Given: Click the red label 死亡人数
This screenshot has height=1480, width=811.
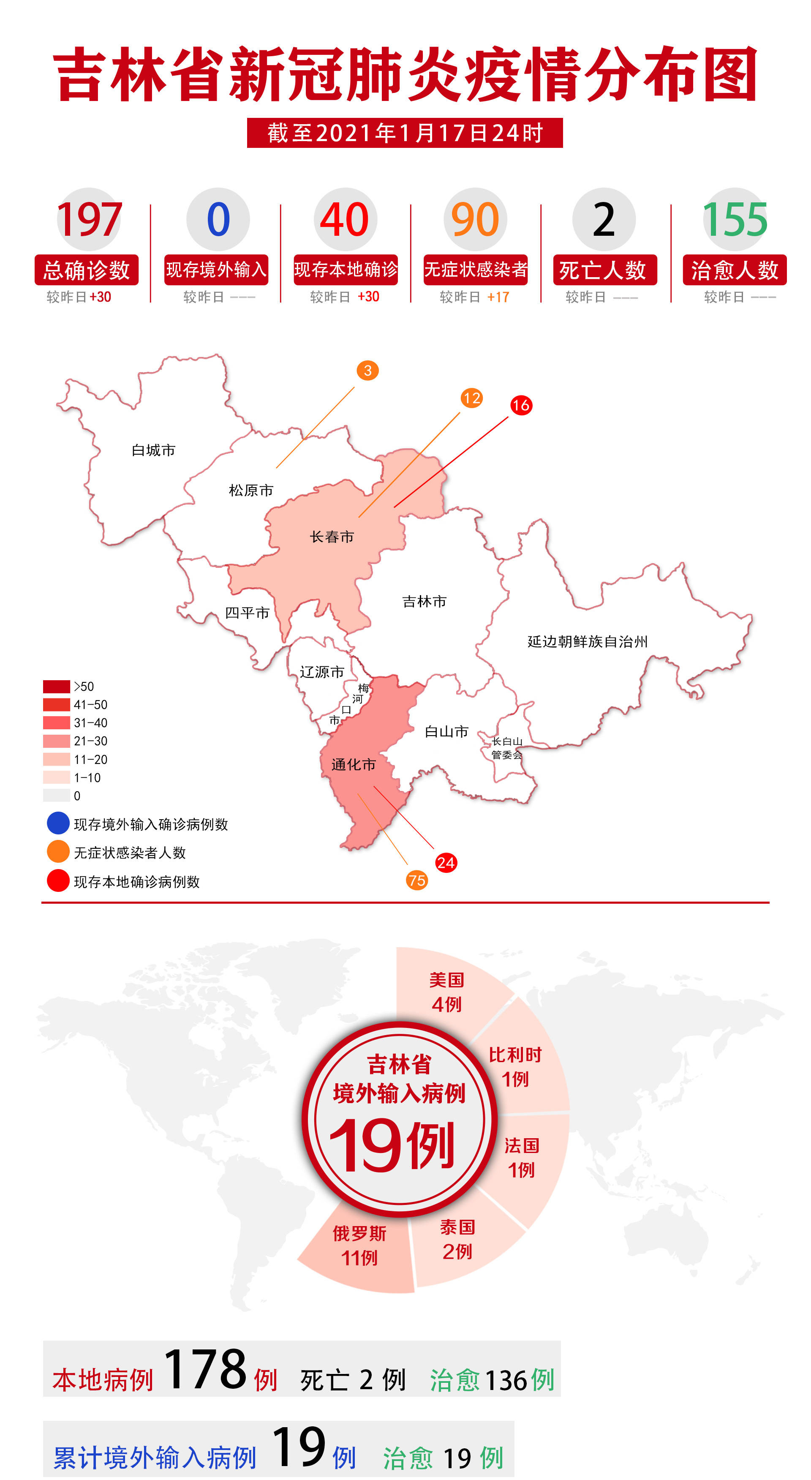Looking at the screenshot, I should click(604, 270).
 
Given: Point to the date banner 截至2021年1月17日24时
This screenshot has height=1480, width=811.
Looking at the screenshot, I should click(405, 133).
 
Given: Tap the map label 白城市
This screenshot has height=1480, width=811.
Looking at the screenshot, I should click(153, 450).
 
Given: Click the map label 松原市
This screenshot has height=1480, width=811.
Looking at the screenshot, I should click(251, 490).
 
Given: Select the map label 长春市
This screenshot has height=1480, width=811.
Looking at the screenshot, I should click(332, 537).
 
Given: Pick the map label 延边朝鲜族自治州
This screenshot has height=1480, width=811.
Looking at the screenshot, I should click(588, 641).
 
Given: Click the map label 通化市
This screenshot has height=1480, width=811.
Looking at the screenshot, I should click(353, 764).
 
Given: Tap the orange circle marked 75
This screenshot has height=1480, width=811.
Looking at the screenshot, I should click(416, 880).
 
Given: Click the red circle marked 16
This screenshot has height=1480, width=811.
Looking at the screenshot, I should click(521, 405).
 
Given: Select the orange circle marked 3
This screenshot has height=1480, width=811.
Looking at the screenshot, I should click(367, 371).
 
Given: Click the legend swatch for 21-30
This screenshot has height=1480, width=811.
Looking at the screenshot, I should click(56, 741).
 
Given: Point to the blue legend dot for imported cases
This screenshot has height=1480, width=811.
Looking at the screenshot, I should click(58, 823).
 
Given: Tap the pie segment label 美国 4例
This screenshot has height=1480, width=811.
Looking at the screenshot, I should click(446, 992).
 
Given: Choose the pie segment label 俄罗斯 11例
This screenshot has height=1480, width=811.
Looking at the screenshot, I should click(359, 1245).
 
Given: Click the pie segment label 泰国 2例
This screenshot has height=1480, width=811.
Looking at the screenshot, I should click(457, 1239).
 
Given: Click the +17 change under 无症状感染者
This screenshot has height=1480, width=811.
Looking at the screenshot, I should click(498, 297).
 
